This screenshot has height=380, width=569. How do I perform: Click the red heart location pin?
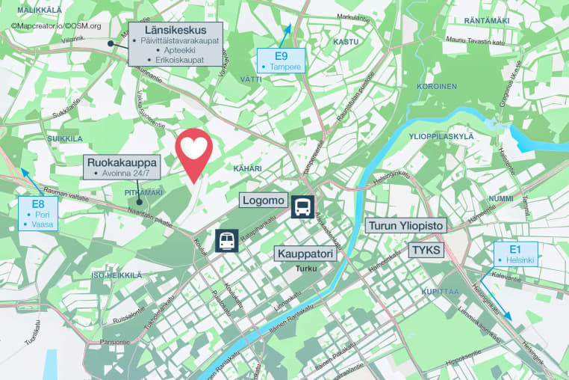(193, 151)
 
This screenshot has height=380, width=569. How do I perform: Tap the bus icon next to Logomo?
(302, 206)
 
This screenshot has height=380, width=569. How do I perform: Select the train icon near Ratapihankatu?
(226, 241)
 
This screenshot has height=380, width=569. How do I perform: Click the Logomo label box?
(263, 200)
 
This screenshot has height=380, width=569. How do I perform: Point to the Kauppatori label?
(305, 254)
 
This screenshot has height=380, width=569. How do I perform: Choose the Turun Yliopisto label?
(406, 225)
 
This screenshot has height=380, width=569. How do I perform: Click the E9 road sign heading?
(281, 56)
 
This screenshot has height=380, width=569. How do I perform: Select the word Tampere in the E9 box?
(285, 67)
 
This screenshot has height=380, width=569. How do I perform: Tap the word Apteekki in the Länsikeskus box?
(179, 50)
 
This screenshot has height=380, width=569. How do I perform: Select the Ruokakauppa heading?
(122, 162)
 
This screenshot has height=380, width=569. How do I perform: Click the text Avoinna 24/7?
(125, 174)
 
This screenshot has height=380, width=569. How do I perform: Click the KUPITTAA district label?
(439, 291)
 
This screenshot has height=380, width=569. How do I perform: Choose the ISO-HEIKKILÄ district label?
(116, 275)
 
